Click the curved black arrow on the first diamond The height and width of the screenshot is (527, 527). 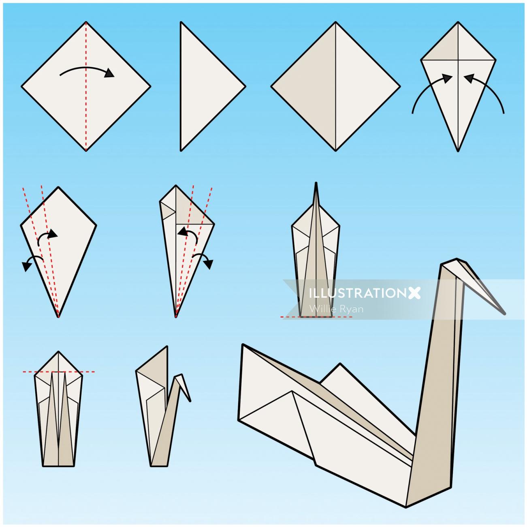pos(87,70)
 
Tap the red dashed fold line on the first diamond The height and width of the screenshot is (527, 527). pos(86,117)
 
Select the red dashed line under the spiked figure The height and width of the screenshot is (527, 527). pos(316,317)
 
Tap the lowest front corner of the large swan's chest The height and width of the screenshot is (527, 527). pos(406,506)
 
